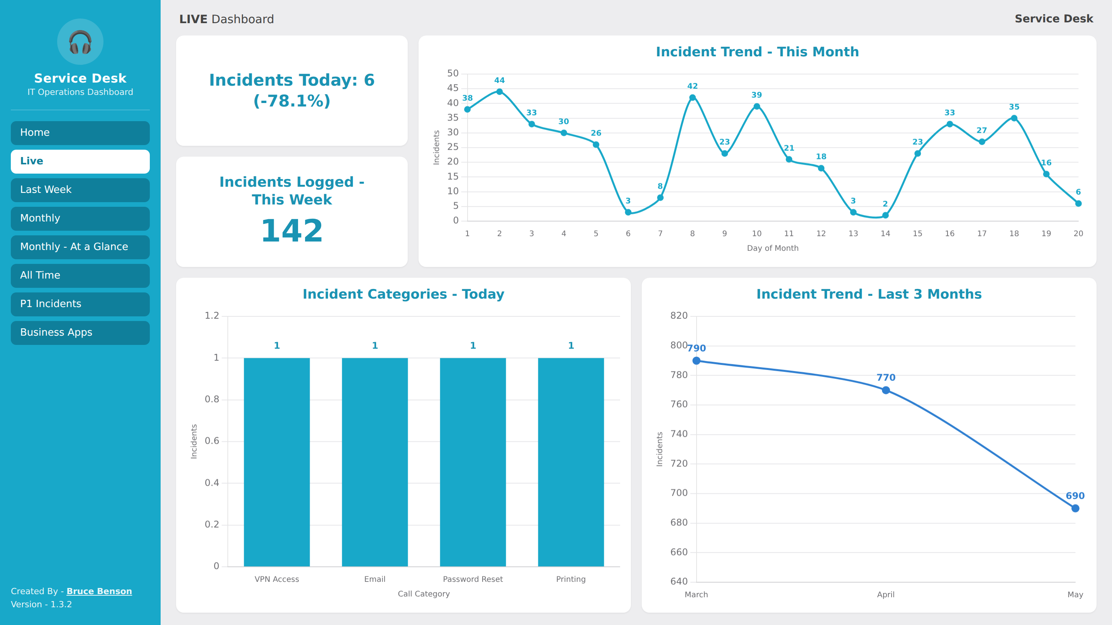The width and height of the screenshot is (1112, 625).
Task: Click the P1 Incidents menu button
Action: pos(80,304)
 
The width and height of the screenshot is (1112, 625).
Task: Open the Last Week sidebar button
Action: pos(80,190)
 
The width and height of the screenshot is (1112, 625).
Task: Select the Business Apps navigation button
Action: pos(80,333)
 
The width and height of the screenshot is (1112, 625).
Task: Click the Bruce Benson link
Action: pos(99,591)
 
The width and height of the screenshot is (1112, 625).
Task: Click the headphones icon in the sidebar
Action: pos(80,42)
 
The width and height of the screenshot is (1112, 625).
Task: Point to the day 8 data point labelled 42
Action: pos(692,98)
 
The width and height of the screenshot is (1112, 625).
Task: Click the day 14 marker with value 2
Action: pos(885,215)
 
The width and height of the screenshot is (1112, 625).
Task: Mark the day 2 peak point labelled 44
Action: pos(500,91)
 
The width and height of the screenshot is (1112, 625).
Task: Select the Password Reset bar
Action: pos(473,462)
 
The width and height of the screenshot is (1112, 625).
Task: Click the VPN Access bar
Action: pos(277,462)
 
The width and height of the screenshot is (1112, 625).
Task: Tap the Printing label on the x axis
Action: pos(571,579)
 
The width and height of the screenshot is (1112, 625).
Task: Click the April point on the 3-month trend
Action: pos(886,390)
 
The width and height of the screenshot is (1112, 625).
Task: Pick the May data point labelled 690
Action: pos(1075,508)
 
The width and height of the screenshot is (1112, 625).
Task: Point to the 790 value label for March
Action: pos(696,348)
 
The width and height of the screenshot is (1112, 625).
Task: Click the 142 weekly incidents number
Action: pos(292,231)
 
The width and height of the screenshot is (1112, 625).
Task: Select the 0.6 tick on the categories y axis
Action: pos(212,441)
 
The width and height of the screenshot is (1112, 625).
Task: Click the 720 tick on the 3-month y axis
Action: pos(679,464)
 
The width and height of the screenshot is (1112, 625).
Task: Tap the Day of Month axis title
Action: pos(773,248)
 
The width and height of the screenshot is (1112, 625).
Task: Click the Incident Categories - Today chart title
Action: pos(403,294)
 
